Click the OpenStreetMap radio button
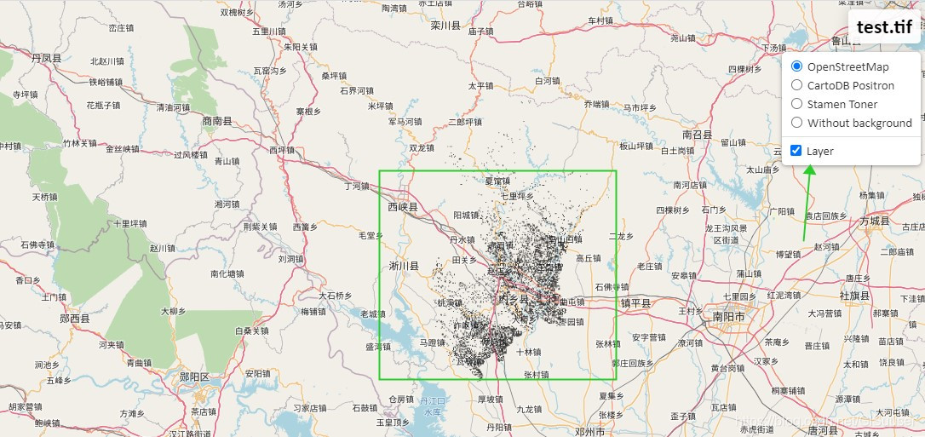796,66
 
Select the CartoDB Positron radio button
796,85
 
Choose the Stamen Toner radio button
796,104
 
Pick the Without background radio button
796,123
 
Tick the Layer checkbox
796,151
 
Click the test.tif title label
884,26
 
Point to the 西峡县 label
403,207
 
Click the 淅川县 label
404,266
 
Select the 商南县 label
217,122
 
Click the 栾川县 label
445,26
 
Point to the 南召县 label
697,135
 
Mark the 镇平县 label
635,303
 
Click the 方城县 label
876,221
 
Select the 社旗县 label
854,296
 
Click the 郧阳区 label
194,377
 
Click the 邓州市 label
589,432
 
